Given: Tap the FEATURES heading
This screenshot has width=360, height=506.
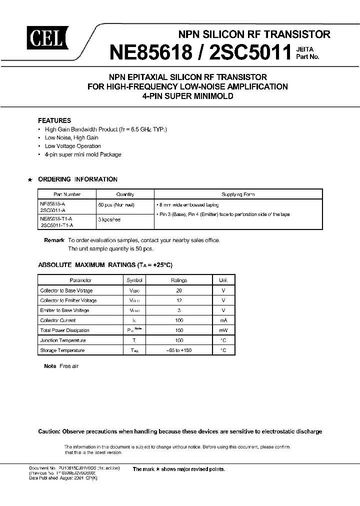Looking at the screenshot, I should pos(54,120).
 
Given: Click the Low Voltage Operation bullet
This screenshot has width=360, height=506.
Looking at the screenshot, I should pos(72,146).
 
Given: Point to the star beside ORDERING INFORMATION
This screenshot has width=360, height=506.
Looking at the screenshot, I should pos(30,179).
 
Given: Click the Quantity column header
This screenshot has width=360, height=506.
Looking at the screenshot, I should pos(124,194).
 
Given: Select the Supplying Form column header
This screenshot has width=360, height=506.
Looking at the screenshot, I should pos(237,194).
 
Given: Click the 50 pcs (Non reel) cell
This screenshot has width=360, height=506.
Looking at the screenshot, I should pos(116,205).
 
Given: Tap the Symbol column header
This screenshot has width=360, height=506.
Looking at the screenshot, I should pos(134,280).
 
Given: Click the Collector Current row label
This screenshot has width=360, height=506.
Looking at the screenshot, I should pos(58,320).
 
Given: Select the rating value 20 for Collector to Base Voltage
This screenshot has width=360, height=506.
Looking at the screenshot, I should pos(179,290).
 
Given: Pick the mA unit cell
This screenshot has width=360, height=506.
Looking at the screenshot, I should pos(223,320).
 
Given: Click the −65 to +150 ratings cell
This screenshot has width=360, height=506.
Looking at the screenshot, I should pos(179,350).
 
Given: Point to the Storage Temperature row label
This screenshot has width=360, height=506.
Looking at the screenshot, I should pos(62,350).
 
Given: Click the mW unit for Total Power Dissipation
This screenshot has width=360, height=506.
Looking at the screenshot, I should pos(223,330).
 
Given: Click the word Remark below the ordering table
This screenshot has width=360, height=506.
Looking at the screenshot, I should pos(54,240).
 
